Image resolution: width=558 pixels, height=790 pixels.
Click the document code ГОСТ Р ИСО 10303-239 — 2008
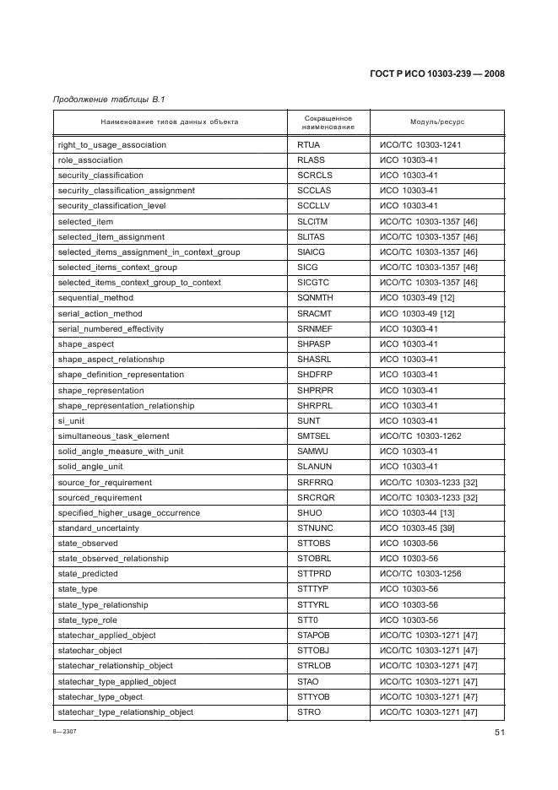436,73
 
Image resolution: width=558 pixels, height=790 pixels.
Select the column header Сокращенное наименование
328,122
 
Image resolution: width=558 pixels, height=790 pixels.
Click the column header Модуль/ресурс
437,122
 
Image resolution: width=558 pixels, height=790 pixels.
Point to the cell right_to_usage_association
111,145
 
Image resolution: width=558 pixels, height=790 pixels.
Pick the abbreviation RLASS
311,160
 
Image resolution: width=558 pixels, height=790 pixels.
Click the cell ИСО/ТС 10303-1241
420,145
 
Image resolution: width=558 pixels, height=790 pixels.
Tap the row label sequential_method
95,298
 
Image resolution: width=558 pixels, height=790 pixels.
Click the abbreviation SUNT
309,420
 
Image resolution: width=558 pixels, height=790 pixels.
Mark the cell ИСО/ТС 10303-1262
420,436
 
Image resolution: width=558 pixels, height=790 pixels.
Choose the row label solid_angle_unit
90,467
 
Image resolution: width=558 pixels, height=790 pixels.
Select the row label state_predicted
88,574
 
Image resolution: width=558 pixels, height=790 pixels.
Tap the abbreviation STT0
308,620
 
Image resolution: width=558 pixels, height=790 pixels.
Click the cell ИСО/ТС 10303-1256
420,574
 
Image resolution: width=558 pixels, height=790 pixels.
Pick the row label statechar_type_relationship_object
125,712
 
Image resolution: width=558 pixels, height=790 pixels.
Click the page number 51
499,733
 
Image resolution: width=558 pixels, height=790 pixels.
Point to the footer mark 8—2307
64,733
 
